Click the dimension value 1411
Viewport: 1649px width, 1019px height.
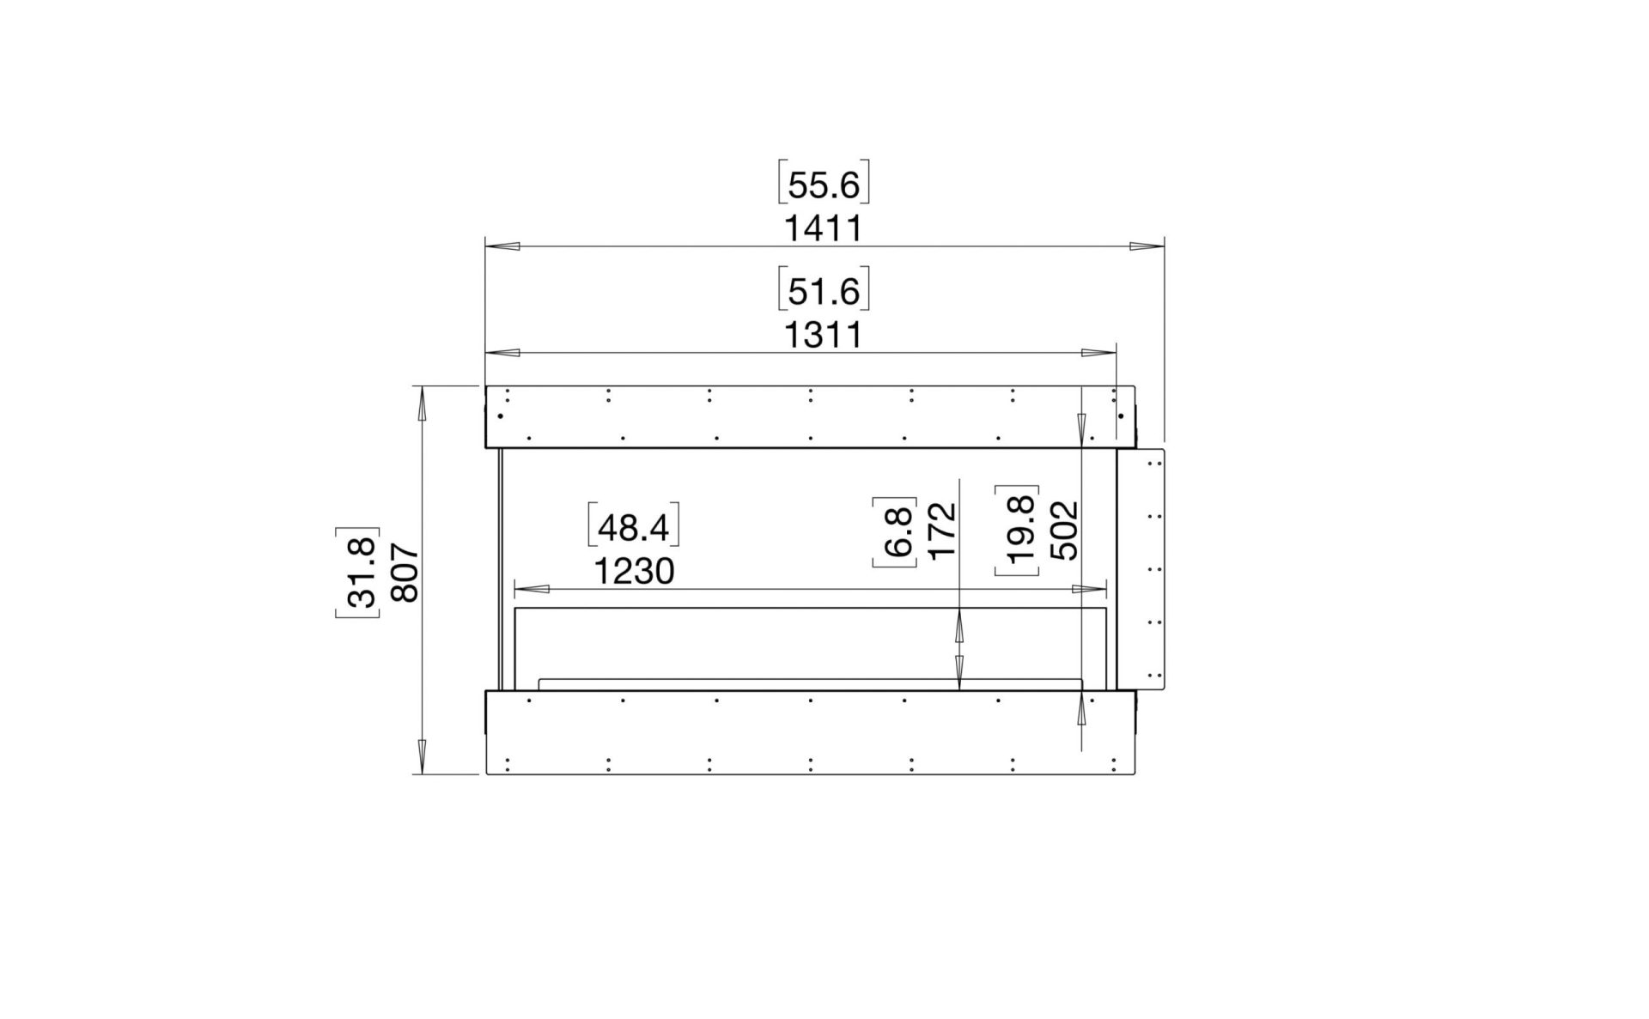pos(823,229)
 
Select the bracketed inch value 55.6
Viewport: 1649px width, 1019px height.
pos(824,185)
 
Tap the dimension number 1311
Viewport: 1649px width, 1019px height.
pos(823,335)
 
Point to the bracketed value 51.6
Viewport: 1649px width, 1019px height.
pos(824,291)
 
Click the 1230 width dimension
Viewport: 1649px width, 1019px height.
pos(634,571)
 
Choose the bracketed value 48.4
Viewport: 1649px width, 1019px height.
pos(633,527)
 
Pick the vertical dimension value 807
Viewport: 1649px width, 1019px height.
pos(404,573)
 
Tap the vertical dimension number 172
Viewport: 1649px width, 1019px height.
pos(942,531)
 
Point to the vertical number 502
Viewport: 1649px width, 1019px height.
pos(1065,531)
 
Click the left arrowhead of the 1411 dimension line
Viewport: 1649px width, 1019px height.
pos(503,247)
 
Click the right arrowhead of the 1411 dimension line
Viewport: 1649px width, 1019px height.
pos(1147,247)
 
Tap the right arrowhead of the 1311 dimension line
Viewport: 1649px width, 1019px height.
pos(1098,353)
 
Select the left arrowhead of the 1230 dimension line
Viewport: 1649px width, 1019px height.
pos(532,590)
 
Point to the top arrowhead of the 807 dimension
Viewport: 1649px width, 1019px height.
pos(421,403)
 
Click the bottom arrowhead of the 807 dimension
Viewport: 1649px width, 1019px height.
pos(421,756)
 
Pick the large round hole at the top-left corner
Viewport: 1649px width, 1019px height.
pos(500,417)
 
